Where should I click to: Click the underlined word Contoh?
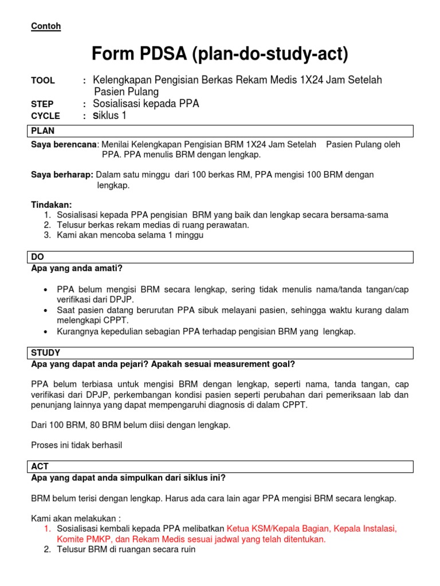(46, 26)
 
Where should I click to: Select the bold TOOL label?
(43, 81)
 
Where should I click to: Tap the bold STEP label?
(42, 104)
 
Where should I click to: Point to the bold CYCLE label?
(45, 116)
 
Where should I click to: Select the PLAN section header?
(43, 131)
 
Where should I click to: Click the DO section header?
(38, 258)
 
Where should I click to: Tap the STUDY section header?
(46, 353)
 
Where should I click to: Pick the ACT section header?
(40, 467)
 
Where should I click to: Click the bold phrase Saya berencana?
(64, 145)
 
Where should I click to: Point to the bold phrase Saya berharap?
(62, 175)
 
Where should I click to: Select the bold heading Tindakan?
(52, 204)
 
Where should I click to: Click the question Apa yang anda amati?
(77, 268)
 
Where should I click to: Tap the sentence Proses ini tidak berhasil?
(77, 445)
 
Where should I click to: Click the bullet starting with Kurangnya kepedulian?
(206, 331)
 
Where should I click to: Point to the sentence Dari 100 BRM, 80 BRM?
(131, 425)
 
